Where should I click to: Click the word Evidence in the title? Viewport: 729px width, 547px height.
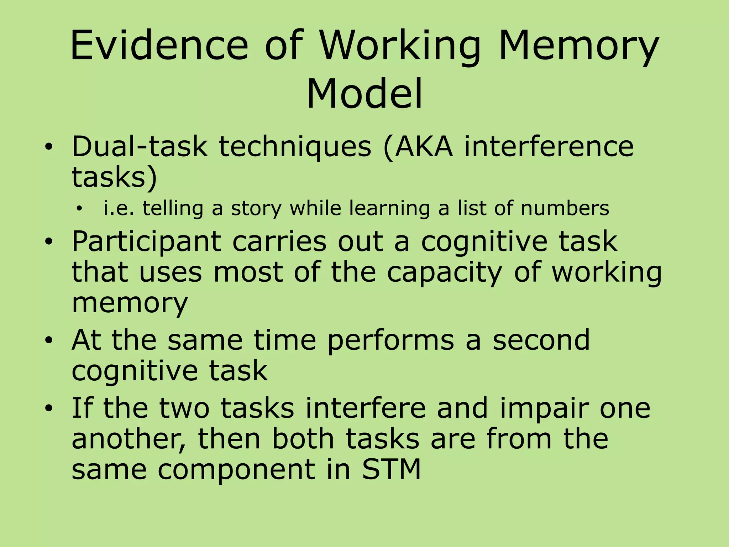coord(159,46)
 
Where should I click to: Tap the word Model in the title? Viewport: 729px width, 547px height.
coord(364,94)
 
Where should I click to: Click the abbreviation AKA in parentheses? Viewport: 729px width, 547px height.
coord(424,146)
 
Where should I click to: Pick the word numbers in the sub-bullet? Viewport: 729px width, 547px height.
coord(565,208)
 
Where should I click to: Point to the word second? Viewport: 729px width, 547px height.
coord(541,340)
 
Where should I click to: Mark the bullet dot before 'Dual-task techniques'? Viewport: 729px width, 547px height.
coord(49,147)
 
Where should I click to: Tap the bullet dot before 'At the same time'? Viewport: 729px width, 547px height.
coord(49,340)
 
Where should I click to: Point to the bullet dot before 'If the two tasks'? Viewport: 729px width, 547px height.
coord(49,408)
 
